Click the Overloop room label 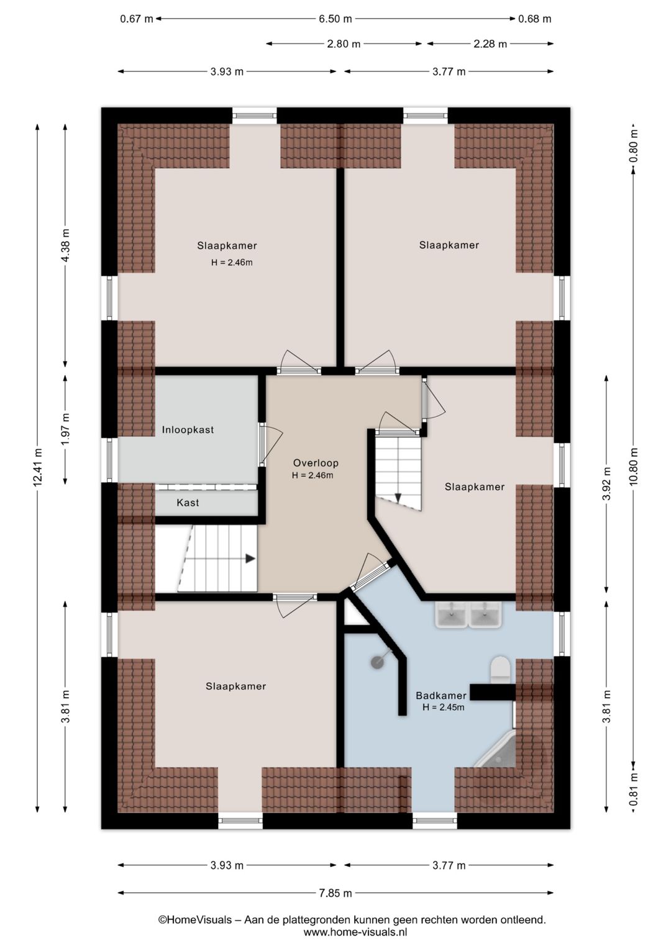click(x=316, y=463)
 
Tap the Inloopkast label click(x=188, y=429)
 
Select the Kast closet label click(x=188, y=503)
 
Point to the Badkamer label click(x=441, y=695)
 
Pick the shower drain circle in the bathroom click(x=377, y=663)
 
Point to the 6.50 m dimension click(x=335, y=19)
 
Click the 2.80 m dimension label click(x=344, y=43)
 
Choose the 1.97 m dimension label click(x=65, y=429)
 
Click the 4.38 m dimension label click(x=65, y=245)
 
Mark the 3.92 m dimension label click(x=607, y=484)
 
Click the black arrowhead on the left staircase click(x=250, y=558)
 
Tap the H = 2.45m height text click(x=443, y=707)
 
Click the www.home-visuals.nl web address click(x=355, y=932)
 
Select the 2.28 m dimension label click(x=490, y=43)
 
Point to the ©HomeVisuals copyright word click(x=195, y=919)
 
